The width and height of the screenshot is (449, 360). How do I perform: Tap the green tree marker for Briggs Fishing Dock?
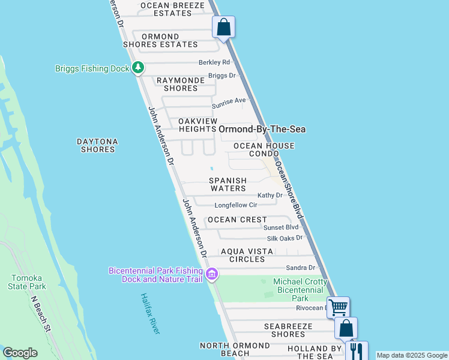(x=138, y=68)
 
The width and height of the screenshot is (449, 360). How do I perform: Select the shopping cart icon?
(x=338, y=307)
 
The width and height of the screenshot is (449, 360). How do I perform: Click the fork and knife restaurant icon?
(x=356, y=350)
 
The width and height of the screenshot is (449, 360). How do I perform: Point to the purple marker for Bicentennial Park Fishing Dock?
(x=211, y=275)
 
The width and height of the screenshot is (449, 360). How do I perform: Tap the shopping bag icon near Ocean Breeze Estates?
(x=223, y=27)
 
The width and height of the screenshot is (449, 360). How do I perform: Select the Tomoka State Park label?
(x=28, y=282)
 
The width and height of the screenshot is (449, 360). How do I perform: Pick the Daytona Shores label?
(x=97, y=146)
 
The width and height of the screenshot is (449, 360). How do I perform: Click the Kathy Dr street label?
(x=270, y=196)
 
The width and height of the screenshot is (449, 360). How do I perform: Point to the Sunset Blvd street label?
(x=281, y=228)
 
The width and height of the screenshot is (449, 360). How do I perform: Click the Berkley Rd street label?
(x=214, y=62)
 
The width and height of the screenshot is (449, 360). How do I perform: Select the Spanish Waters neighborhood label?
(x=228, y=184)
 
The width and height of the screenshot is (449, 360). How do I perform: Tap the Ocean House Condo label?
(x=264, y=150)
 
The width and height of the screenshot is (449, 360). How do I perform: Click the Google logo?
(x=20, y=353)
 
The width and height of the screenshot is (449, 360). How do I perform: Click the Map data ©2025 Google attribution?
(x=412, y=355)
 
